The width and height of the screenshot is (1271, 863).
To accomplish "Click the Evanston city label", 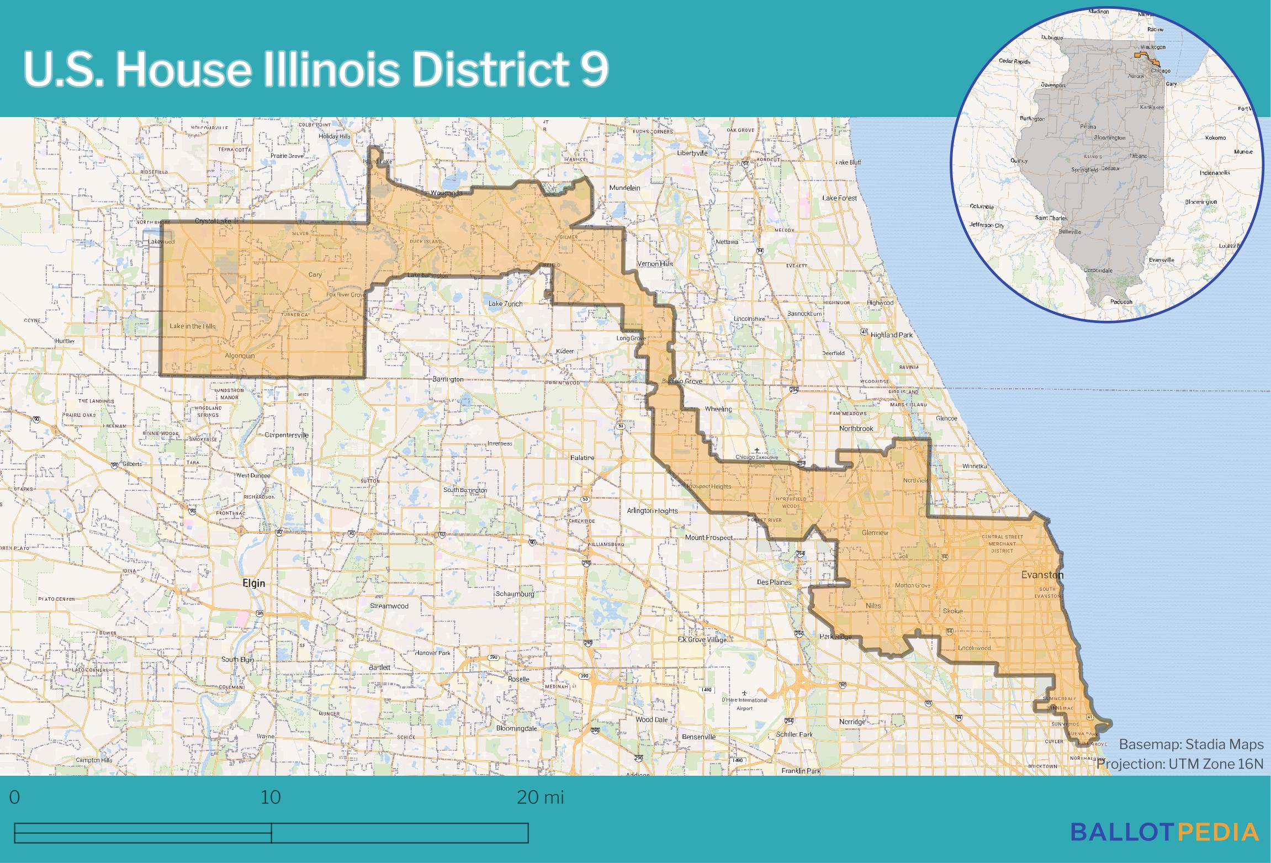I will pyautogui.click(x=1042, y=575).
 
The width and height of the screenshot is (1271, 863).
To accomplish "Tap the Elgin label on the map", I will pyautogui.click(x=254, y=583).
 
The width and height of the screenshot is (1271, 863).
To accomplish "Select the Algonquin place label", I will pyautogui.click(x=240, y=356).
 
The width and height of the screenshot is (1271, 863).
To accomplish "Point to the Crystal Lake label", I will pyautogui.click(x=213, y=221).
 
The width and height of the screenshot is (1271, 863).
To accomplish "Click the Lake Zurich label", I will pyautogui.click(x=505, y=304).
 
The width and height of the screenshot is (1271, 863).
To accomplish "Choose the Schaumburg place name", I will pyautogui.click(x=515, y=594).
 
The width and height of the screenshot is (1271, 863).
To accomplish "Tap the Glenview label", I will pyautogui.click(x=875, y=533).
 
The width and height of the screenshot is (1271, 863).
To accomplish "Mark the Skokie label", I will pyautogui.click(x=952, y=611).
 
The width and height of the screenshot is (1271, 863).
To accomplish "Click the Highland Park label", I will pyautogui.click(x=892, y=335).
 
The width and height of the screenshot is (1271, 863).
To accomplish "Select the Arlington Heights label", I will pyautogui.click(x=652, y=511).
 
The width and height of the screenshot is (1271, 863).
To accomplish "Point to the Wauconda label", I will pyautogui.click(x=447, y=193).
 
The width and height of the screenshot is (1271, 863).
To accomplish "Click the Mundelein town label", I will pyautogui.click(x=624, y=188).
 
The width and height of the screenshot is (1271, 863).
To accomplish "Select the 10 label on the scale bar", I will pyautogui.click(x=271, y=797).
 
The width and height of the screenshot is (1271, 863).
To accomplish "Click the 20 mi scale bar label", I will pyautogui.click(x=540, y=797).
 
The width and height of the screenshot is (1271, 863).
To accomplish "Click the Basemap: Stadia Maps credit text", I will pyautogui.click(x=1191, y=744).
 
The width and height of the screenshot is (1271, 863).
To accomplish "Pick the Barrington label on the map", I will pyautogui.click(x=448, y=379).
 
